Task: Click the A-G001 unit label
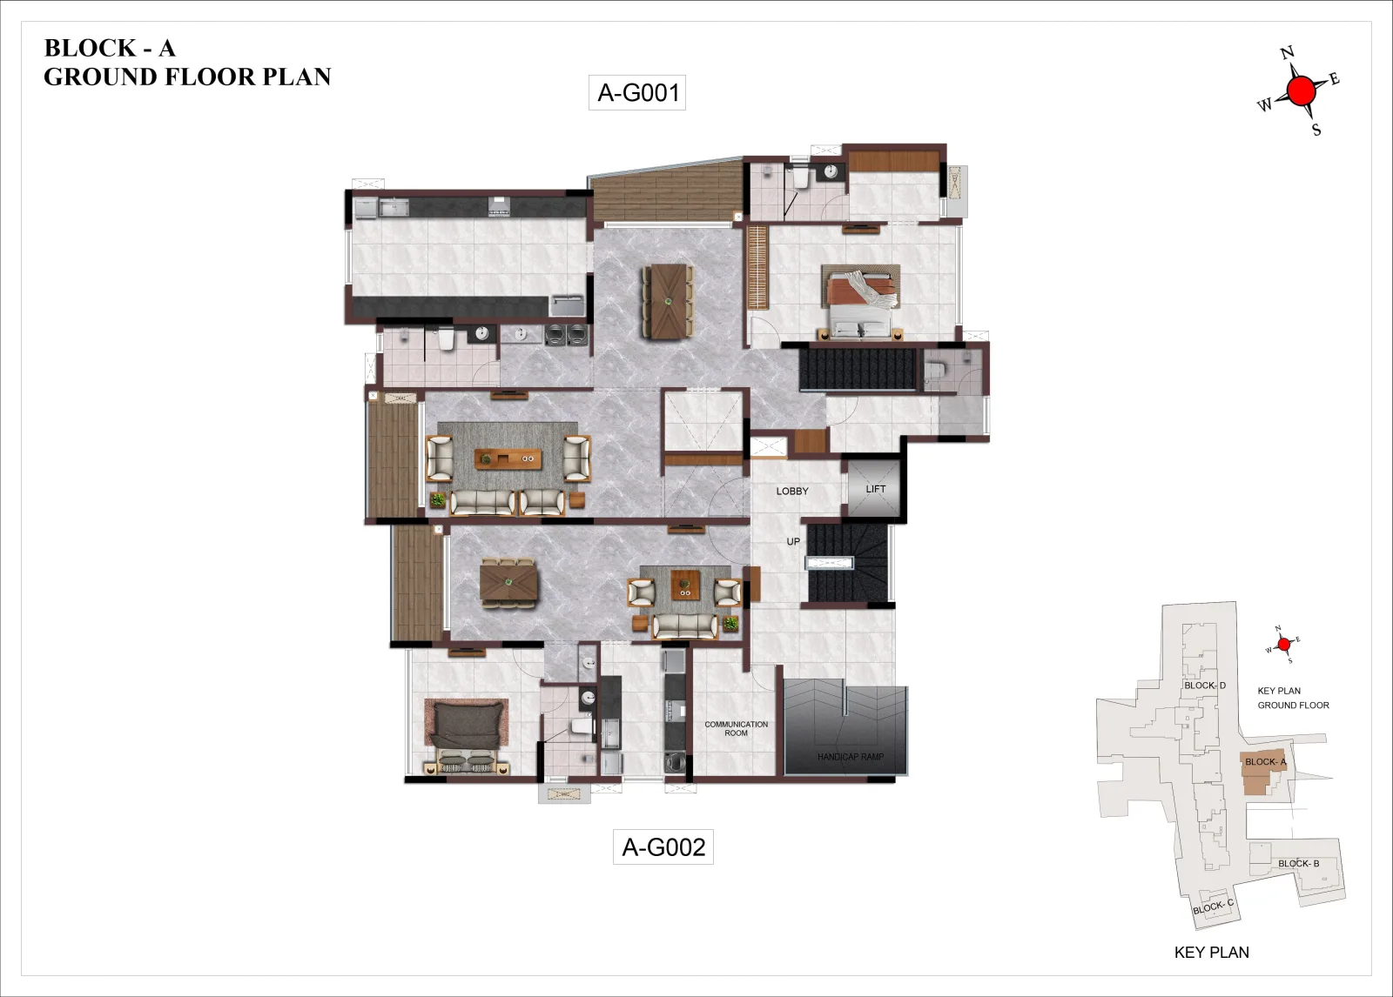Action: coord(637,92)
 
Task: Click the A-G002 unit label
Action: coord(663,846)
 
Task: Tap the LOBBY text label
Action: coord(792,491)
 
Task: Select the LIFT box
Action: coord(874,489)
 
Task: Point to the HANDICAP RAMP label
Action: coord(850,757)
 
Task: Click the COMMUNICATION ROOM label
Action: coord(737,728)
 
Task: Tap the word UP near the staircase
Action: coord(793,541)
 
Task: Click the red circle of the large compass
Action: coord(1302,91)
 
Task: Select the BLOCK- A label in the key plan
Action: coord(1266,761)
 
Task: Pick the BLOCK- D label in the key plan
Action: coord(1205,686)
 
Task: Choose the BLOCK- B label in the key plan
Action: coord(1298,863)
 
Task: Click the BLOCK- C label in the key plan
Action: coord(1213,907)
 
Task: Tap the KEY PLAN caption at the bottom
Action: coord(1211,953)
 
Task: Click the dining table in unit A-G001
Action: coord(668,302)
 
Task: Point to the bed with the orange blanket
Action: coord(861,302)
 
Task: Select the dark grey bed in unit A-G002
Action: coord(467,736)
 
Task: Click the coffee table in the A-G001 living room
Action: coord(508,458)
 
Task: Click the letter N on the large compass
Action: coord(1287,53)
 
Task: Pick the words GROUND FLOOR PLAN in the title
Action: coord(187,77)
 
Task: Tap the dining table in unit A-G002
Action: coord(508,583)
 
